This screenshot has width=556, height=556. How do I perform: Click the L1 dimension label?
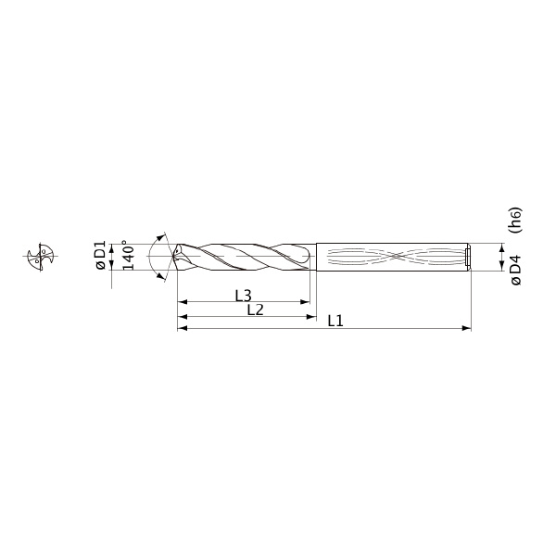coord(335,321)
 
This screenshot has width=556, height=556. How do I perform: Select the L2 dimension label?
coord(255,310)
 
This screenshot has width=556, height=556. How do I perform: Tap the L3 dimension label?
coord(243,296)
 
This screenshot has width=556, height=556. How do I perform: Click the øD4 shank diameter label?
coord(515,269)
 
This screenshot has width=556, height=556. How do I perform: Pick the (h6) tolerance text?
coord(515,219)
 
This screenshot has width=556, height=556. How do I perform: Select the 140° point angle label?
coord(128,256)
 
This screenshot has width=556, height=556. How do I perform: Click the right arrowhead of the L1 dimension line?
coord(467,328)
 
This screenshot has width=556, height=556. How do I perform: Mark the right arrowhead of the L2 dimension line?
coord(312,317)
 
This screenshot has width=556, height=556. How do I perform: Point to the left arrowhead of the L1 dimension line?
coord(182,328)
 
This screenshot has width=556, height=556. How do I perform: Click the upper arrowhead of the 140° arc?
coord(164,235)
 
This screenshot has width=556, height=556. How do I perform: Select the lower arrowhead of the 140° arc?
coord(164,276)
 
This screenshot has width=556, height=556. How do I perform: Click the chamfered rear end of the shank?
coord(469,256)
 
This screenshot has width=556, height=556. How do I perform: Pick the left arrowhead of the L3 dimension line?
coord(182,302)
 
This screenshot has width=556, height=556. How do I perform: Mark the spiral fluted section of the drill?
coord(246,256)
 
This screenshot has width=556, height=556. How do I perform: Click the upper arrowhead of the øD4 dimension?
coord(501,246)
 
